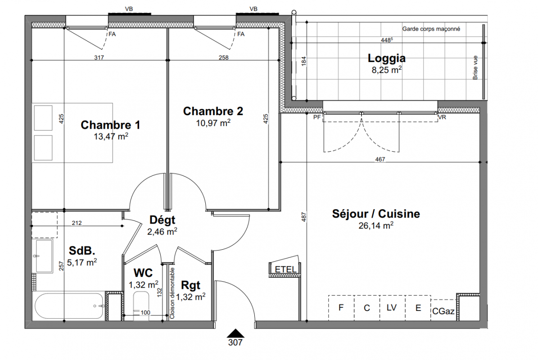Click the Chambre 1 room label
click(110, 125)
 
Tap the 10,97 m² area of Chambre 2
click(213, 123)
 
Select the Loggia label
click(387, 58)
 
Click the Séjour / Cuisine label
click(376, 214)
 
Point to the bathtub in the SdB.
click(69, 306)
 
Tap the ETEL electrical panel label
click(285, 270)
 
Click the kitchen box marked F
click(341, 308)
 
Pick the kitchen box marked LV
click(392, 308)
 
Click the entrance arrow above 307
click(235, 333)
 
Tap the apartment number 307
click(235, 342)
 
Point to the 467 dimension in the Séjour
click(380, 159)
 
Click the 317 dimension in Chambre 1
click(99, 58)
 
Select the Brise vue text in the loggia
click(475, 67)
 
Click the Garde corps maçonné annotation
click(431, 29)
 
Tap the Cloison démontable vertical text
click(172, 293)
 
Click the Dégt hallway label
click(162, 220)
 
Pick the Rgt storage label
click(190, 285)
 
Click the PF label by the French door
click(317, 117)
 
